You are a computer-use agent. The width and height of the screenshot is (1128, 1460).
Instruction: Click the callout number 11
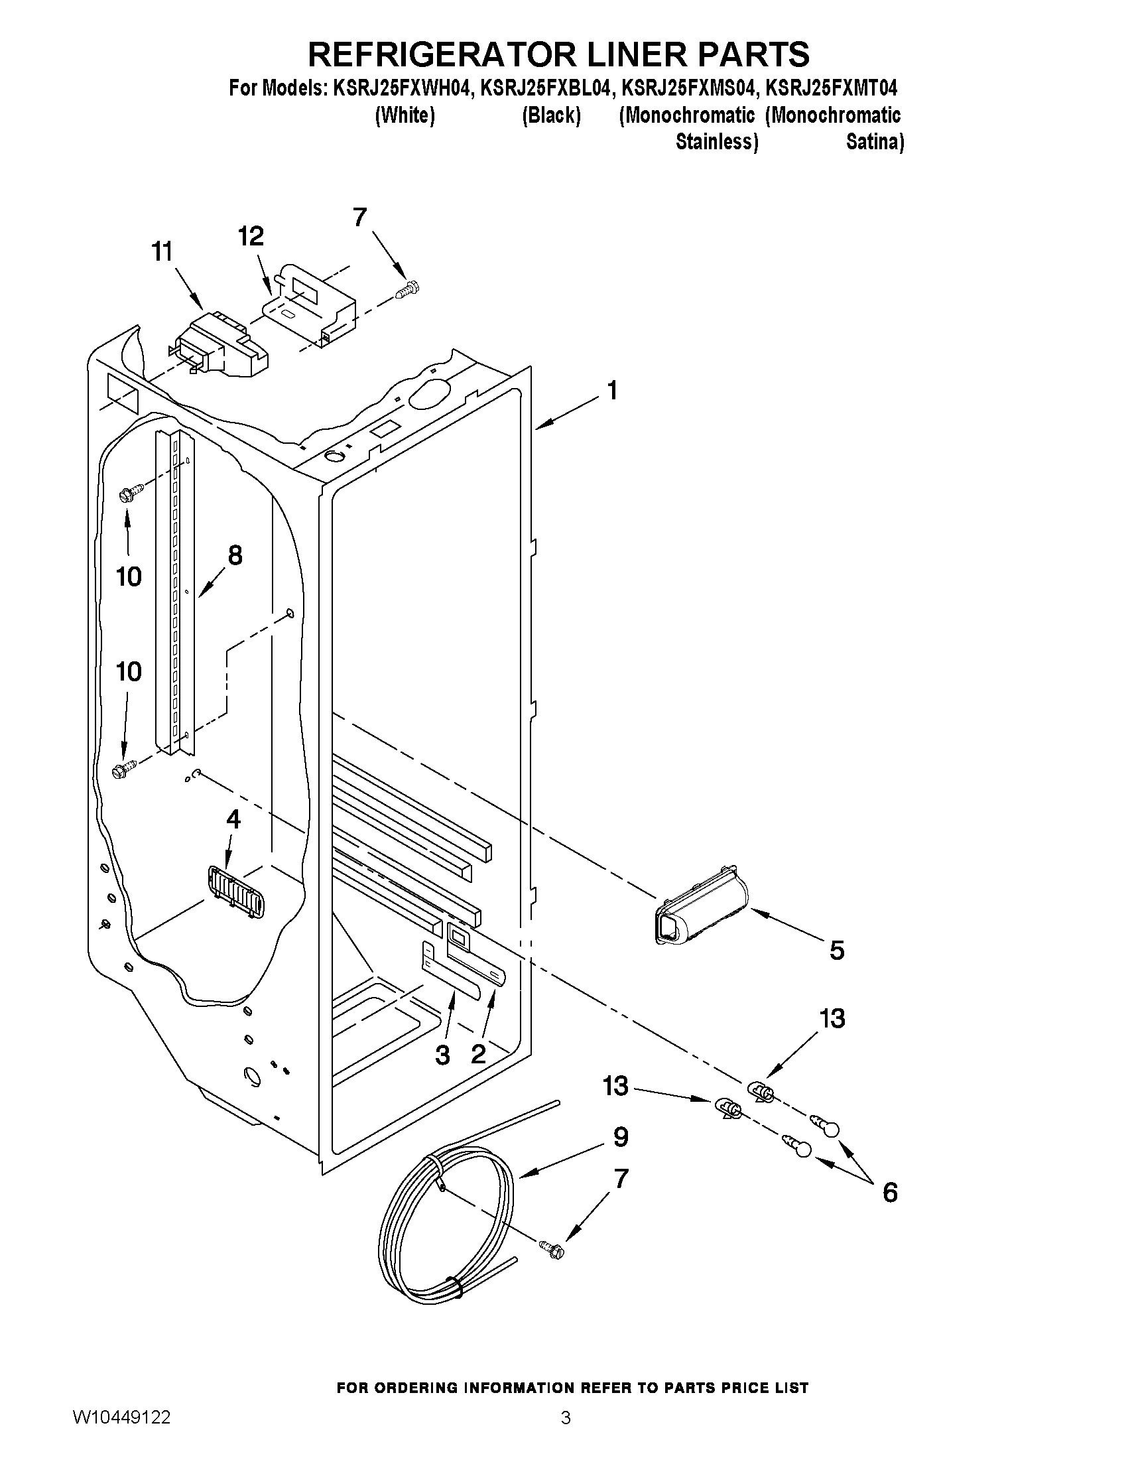162,252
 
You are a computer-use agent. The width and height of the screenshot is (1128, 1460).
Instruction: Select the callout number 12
251,236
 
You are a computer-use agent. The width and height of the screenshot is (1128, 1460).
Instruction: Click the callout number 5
837,950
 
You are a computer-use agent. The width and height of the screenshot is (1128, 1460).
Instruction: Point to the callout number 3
442,1055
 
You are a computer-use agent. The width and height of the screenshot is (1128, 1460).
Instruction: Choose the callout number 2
479,1054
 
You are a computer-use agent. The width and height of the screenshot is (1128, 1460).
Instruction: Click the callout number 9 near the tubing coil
621,1137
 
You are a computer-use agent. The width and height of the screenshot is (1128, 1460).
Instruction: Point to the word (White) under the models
405,115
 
